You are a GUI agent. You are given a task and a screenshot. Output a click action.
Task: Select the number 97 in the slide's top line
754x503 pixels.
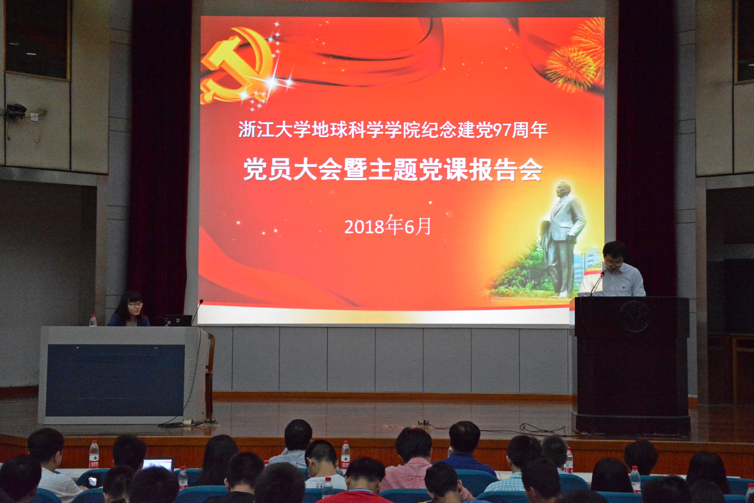pos(501,130)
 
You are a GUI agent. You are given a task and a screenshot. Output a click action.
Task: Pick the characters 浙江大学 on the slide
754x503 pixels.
pos(274,130)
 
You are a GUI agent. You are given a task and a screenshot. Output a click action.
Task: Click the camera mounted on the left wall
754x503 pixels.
pos(17,110)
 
